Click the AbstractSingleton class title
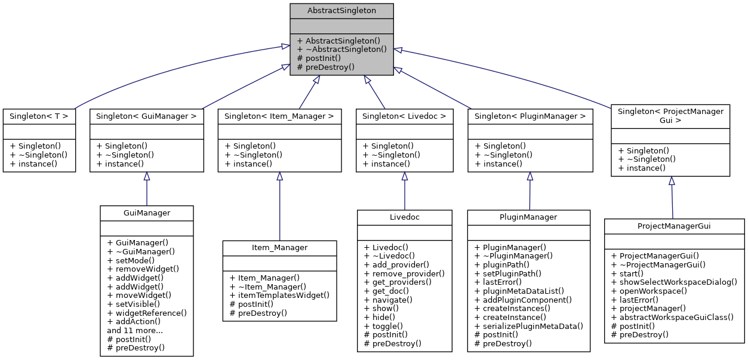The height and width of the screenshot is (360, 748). [x=341, y=11]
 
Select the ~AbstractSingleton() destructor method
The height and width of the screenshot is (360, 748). [x=341, y=50]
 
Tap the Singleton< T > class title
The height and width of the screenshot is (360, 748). [x=39, y=115]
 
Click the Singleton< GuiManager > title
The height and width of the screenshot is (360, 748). [x=147, y=115]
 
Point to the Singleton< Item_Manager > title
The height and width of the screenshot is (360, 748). [x=279, y=115]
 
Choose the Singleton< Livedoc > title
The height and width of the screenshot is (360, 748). [x=405, y=115]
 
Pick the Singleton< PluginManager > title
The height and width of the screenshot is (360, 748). [x=530, y=115]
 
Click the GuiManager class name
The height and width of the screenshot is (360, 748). [x=147, y=213]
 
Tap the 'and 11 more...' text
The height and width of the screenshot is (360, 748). [x=134, y=330]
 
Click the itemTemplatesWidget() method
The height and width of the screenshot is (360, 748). [x=279, y=295]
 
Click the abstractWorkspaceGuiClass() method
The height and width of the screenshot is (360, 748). [x=672, y=317]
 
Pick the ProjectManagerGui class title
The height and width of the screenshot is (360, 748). [x=674, y=226]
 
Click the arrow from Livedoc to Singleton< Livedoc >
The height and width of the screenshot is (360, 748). [x=405, y=191]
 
